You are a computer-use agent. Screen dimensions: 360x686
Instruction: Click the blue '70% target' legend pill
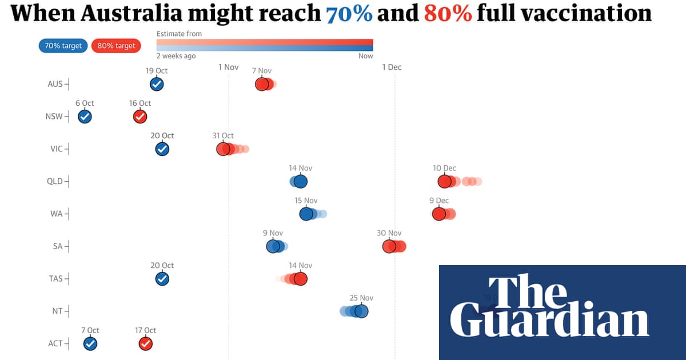coord(63,46)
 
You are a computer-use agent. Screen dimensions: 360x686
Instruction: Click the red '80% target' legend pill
coord(117,46)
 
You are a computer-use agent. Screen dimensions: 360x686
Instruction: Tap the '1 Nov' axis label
coord(228,67)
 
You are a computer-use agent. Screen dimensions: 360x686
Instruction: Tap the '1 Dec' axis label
coord(392,67)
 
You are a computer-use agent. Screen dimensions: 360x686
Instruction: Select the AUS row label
coord(55,84)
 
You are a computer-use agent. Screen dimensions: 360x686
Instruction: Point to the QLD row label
coord(55,182)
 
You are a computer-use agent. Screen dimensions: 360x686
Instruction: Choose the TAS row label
coord(55,279)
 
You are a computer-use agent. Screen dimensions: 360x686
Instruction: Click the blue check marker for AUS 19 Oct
coord(157,85)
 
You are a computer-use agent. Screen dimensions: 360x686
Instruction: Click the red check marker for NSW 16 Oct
coord(140,117)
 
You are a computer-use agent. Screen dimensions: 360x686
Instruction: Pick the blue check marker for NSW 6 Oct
coord(85,117)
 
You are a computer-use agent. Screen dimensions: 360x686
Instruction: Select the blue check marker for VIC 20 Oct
coord(162,149)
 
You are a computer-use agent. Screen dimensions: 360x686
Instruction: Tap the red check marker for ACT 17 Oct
coord(146,344)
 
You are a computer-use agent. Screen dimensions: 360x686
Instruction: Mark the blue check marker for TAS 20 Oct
coord(162,279)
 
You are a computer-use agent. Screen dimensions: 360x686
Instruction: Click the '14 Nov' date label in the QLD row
coord(301,169)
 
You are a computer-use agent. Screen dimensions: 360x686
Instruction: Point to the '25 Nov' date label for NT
coord(361,298)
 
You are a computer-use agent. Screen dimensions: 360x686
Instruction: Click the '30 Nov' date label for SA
coord(389,233)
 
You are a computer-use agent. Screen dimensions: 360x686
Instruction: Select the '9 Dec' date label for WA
coord(439,201)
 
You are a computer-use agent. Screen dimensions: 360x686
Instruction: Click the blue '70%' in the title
coord(349,14)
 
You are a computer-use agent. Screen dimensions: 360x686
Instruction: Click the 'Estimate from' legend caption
coord(179,34)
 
